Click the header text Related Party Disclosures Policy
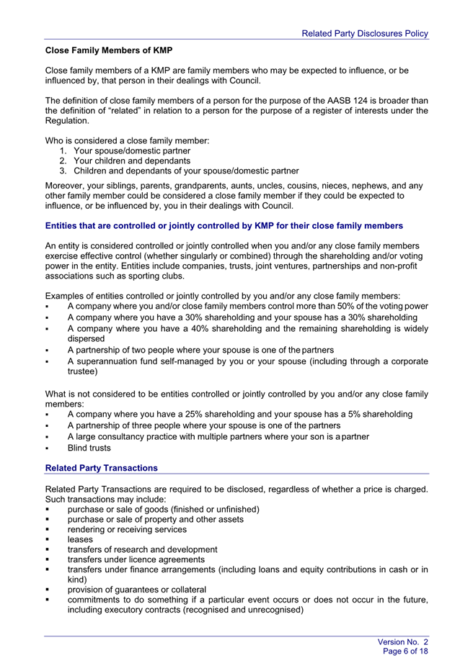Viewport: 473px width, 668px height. [364, 33]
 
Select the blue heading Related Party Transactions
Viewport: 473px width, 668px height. [101, 468]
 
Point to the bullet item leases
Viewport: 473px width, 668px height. [80, 539]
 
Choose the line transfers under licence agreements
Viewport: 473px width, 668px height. [136, 559]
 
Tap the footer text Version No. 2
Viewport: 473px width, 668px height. [403, 641]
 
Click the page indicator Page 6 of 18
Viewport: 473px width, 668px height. [405, 651]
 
